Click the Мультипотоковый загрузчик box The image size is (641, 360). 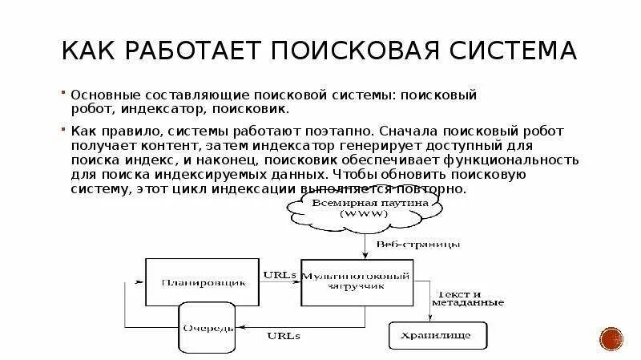click(358, 281)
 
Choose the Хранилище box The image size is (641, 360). click(429, 333)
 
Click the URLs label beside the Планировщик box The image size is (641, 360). click(280, 274)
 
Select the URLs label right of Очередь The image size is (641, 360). click(285, 336)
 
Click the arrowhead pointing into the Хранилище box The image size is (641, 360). click(429, 318)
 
